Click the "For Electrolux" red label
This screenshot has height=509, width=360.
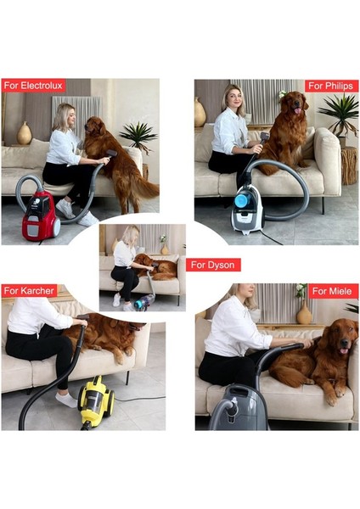pyautogui.click(x=34, y=85)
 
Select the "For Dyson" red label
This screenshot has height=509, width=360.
pyautogui.click(x=213, y=265)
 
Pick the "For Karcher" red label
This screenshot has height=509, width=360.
pyautogui.click(x=30, y=291)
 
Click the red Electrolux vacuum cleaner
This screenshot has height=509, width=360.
pyautogui.click(x=40, y=215)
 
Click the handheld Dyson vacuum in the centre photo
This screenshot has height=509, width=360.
pyautogui.click(x=143, y=300)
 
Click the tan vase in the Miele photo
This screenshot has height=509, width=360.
pyautogui.click(x=304, y=313)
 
